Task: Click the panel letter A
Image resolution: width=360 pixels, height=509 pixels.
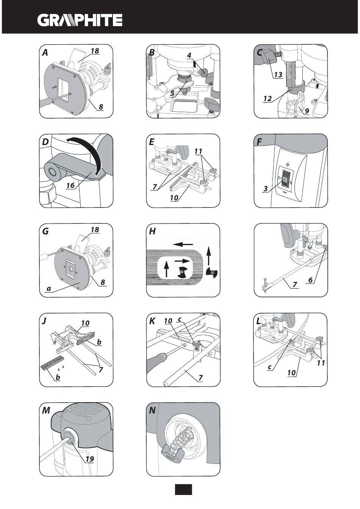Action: (45, 53)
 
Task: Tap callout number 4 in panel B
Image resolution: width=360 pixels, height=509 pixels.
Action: (189, 55)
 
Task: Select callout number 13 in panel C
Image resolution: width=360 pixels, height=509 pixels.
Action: (278, 75)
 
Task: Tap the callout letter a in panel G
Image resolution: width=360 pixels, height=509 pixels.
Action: (48, 289)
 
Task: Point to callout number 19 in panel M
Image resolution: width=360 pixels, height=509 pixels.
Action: (89, 459)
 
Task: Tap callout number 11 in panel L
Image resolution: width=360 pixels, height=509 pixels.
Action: (321, 363)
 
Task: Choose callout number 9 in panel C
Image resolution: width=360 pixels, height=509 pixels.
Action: (306, 111)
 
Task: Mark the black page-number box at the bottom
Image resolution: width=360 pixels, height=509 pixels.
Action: (183, 489)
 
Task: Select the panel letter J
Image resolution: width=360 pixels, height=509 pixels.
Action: (44, 321)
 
